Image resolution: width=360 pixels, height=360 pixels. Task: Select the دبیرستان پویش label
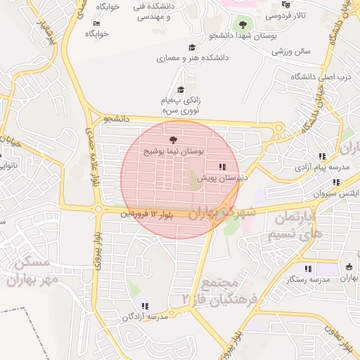pos(222,178)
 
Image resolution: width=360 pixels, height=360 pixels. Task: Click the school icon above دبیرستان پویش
pos(222,167)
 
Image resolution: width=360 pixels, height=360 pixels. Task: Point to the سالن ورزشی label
pos(292,51)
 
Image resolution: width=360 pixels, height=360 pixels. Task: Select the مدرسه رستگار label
pos(308,279)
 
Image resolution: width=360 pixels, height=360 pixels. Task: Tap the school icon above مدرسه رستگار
pos(308,268)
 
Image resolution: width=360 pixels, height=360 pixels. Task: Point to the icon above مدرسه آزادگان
pos(145,306)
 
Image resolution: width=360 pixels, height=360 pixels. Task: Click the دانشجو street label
pos(117,119)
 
